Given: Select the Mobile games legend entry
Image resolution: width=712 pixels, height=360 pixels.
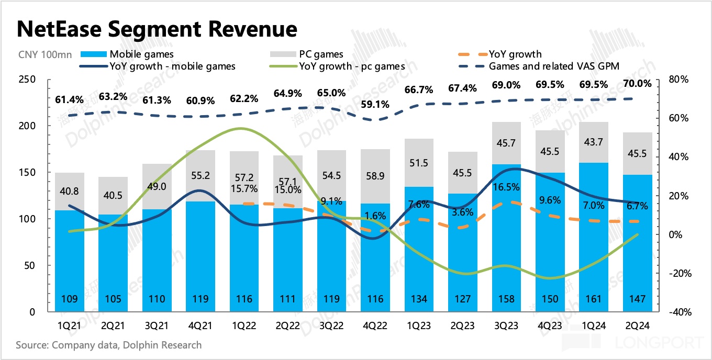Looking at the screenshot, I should [141, 54].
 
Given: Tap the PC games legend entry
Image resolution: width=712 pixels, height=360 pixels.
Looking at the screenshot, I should [321, 54].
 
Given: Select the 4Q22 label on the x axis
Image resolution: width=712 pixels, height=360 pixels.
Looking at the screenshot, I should [376, 325].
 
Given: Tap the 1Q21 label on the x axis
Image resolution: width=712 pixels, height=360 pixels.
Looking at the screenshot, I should [70, 325].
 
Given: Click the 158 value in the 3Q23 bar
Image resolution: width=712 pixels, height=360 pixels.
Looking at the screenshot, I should [507, 299].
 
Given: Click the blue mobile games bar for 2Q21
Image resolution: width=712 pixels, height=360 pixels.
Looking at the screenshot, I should [113, 262].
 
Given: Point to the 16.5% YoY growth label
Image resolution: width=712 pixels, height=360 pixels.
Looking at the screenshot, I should [507, 187].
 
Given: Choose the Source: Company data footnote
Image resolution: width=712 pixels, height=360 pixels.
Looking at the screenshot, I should [108, 345].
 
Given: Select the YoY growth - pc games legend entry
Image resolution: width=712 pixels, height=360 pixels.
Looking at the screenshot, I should [352, 66].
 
